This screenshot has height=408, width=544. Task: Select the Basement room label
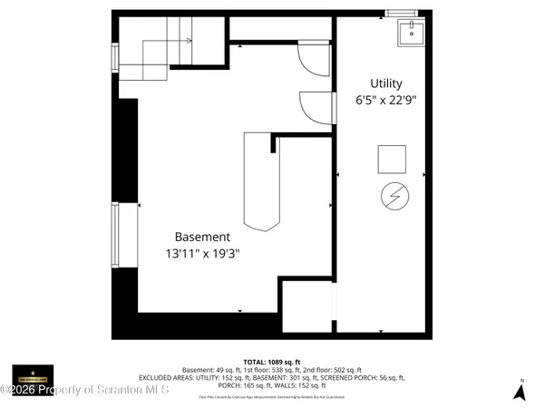coord(202,237)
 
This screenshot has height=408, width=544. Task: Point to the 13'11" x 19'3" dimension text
coord(202,255)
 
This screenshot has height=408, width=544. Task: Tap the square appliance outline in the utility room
coord(393,159)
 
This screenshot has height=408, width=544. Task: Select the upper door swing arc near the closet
coord(313,60)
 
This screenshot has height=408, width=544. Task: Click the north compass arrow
coord(520,391)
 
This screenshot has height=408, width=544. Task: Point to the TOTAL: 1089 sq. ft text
coord(272,361)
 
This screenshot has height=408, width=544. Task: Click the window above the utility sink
coord(399,13)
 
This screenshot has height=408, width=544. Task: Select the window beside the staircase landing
coord(114,57)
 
